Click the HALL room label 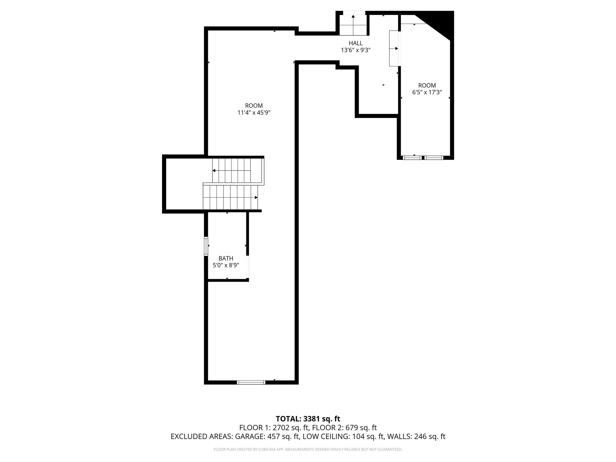pos(356,43)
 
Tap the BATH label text pos(226,258)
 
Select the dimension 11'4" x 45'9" pos(254,113)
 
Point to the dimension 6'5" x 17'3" pos(427,92)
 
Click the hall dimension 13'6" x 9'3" pos(356,50)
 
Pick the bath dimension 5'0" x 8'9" pos(226,265)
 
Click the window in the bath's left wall pos(206,246)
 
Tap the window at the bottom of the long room pos(251,382)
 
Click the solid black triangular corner pos(442,22)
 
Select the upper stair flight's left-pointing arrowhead pos(214,171)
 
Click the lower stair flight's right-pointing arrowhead pos(256,197)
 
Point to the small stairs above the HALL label pos(353,25)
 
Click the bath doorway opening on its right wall pos(248,267)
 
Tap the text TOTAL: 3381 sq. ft pos(308,419)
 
